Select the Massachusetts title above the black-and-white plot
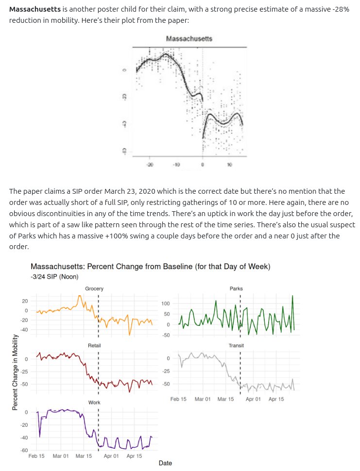point(189,38)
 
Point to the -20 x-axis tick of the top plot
point(150,165)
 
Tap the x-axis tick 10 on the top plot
point(229,165)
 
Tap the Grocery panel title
point(94,289)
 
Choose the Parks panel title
point(236,289)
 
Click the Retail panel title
point(94,345)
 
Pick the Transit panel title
point(236,345)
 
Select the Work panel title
point(94,403)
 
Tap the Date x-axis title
point(165,463)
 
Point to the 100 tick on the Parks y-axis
point(165,304)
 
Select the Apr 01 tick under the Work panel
point(111,456)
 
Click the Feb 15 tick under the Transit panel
point(178,399)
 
